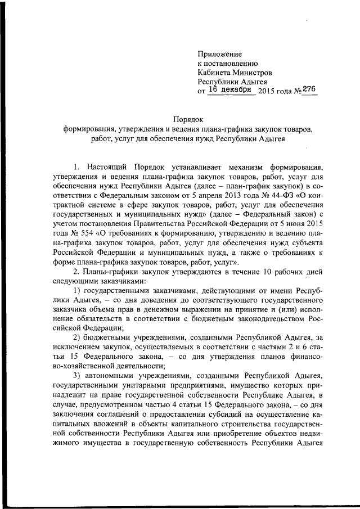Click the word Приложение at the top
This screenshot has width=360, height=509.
219,54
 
